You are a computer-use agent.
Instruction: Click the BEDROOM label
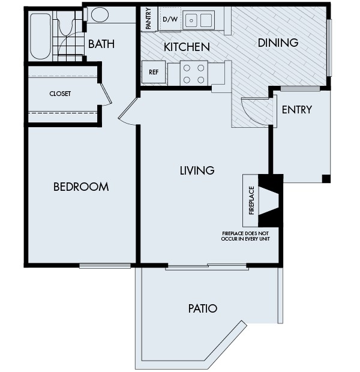[81, 187]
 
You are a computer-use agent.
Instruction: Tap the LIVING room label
[197, 170]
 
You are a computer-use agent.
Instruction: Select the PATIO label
[202, 309]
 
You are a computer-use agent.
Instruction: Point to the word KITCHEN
[187, 47]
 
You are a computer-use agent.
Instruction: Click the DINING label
[278, 43]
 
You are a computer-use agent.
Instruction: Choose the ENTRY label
[296, 109]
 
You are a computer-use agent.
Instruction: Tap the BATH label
[101, 44]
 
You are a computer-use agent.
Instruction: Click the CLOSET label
[60, 94]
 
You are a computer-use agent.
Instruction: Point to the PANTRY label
[148, 19]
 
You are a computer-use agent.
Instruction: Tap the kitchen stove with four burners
[194, 73]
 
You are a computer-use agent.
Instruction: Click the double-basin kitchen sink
[199, 20]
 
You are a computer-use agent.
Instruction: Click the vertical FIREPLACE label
[251, 200]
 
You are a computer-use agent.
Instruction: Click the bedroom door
[127, 113]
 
